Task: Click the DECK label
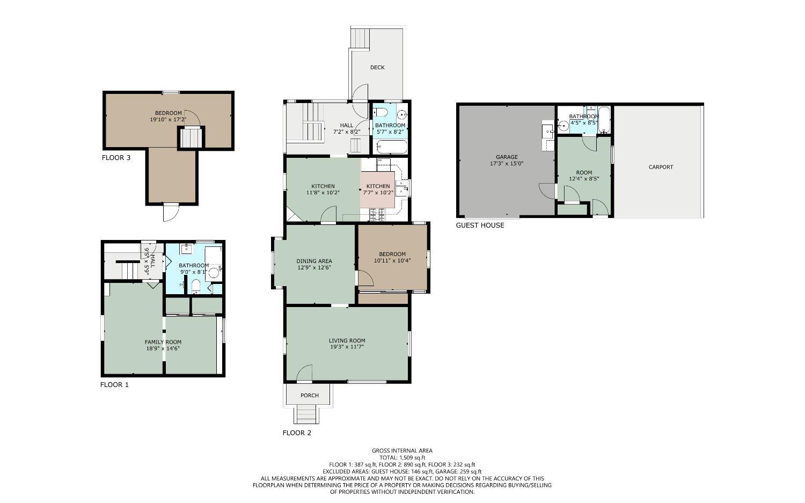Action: [x=377, y=68]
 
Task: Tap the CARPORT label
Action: [x=661, y=167]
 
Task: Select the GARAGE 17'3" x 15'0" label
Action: [x=506, y=161]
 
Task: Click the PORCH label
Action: [x=310, y=396]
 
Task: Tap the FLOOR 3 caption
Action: [x=116, y=158]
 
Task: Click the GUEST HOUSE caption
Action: [x=480, y=225]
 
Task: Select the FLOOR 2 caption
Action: [x=297, y=433]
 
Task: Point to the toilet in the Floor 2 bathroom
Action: [x=380, y=112]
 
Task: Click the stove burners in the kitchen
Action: [x=377, y=215]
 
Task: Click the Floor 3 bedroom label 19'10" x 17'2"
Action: [x=168, y=116]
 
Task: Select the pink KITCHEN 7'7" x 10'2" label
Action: [x=378, y=189]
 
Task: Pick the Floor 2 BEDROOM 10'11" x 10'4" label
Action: [x=392, y=258]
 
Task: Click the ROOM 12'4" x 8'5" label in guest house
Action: [x=584, y=176]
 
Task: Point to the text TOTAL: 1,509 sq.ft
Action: [x=402, y=458]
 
